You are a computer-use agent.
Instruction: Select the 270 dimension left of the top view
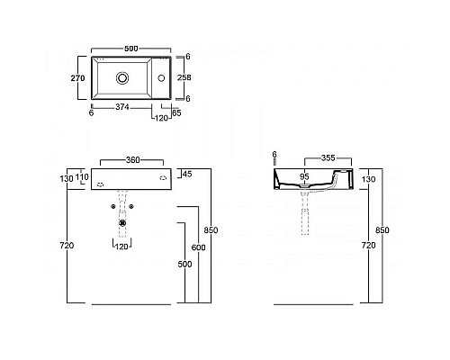click(x=77, y=79)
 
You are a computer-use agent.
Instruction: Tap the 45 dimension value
click(x=187, y=173)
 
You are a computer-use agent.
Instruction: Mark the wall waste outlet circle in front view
click(x=121, y=220)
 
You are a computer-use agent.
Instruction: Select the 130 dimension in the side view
click(x=367, y=178)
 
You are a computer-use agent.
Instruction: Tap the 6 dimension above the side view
click(x=274, y=156)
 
